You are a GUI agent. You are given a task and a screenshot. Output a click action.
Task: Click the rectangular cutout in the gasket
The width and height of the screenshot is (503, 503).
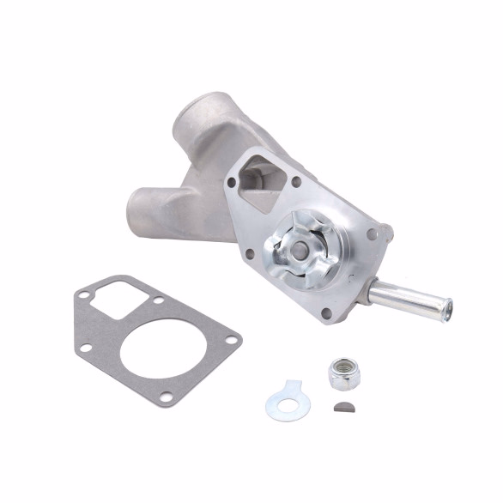[x=109, y=299]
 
